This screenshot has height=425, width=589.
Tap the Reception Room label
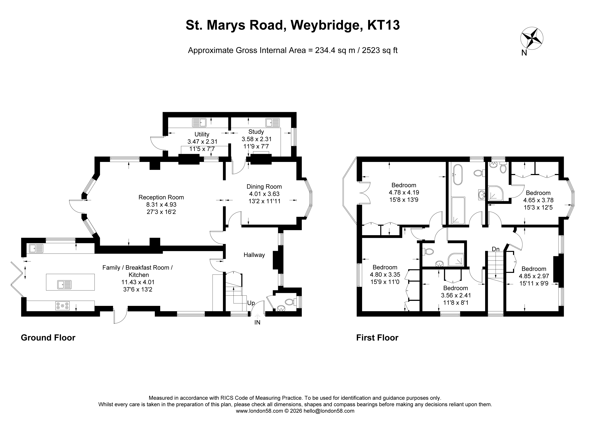(x=161, y=197)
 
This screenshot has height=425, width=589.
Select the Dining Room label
(x=264, y=186)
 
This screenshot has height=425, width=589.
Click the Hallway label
(x=254, y=255)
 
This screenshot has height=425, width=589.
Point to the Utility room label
(x=202, y=134)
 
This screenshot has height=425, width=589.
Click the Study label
(x=256, y=132)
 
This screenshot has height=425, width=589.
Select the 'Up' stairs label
(x=251, y=303)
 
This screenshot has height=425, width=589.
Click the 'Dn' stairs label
(x=496, y=249)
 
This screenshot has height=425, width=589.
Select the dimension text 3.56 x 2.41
(x=456, y=295)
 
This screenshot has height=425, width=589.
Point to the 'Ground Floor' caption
(x=48, y=338)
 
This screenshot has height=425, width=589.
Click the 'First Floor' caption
(x=377, y=338)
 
